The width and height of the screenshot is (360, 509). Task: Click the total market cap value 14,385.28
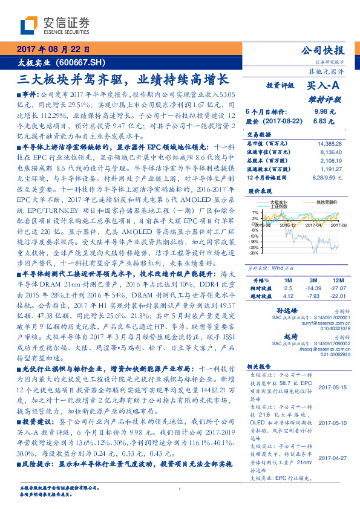[329, 143]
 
